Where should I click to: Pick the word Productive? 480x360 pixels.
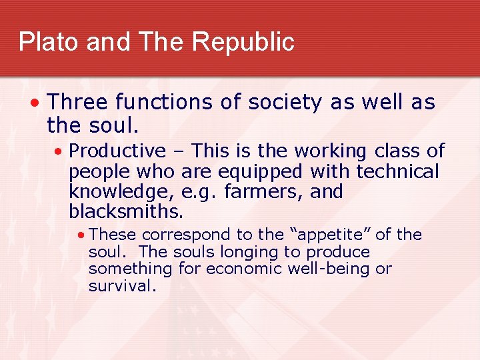coord(117,151)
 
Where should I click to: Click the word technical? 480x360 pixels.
coord(398,172)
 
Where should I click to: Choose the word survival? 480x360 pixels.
coord(122,286)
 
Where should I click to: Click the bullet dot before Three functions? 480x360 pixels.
coord(35,103)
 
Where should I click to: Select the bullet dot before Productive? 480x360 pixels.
coord(59,152)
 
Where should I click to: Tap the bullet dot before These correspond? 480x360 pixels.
coord(80,235)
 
